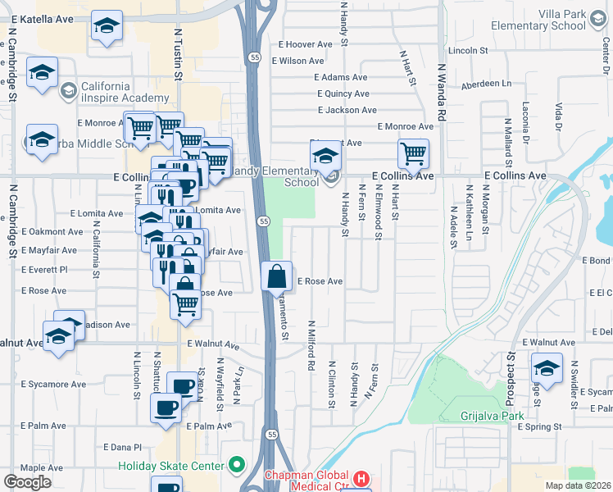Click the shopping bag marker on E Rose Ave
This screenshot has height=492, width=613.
tap(277, 276)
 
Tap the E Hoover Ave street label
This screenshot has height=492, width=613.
tap(306, 44)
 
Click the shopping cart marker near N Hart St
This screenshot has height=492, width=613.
tap(413, 153)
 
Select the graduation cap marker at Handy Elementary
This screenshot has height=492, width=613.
tap(325, 155)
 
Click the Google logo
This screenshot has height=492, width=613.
tap(27, 482)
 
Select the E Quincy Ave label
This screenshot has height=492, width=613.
tap(343, 93)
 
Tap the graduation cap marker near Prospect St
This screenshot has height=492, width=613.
tap(547, 367)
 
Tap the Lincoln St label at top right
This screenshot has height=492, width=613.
tap(469, 51)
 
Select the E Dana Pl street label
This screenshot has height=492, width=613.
tap(123, 447)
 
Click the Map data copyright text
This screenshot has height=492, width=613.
tap(579, 485)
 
